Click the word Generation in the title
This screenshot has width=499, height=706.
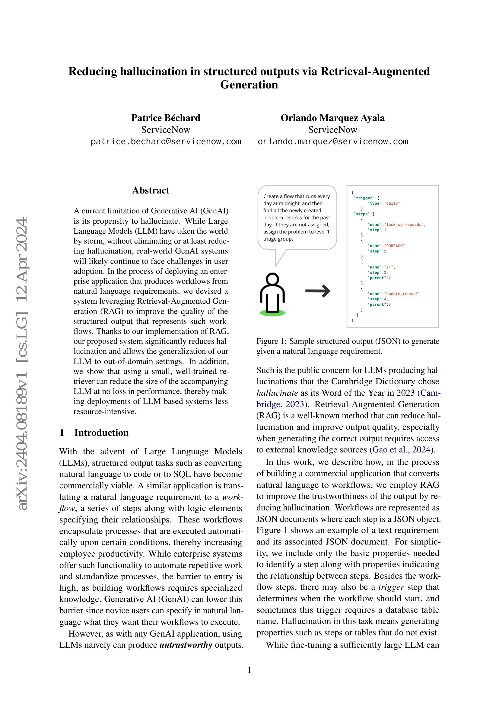(249, 85)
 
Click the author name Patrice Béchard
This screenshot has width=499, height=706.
(166, 118)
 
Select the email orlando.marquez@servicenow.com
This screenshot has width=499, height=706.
(332, 142)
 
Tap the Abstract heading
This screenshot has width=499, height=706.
(151, 190)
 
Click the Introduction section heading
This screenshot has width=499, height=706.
(101, 432)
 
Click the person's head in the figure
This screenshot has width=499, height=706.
(272, 280)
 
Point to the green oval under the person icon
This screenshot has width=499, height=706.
(272, 313)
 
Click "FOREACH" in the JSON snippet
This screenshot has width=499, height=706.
(395, 246)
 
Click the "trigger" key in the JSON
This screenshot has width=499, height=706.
(363, 198)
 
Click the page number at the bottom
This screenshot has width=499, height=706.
(249, 670)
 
